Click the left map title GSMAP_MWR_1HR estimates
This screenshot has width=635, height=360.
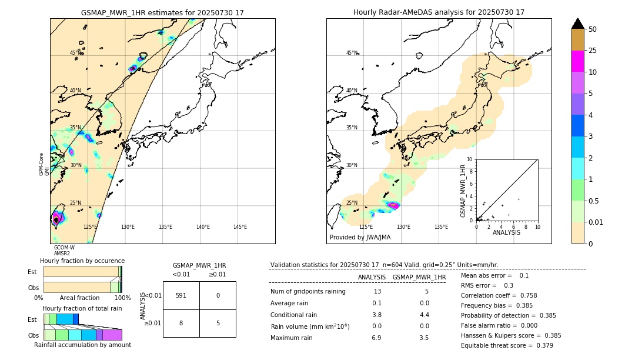[x=162, y=12]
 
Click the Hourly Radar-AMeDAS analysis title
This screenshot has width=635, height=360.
[x=439, y=12]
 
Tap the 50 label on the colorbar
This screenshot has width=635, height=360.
[x=593, y=29]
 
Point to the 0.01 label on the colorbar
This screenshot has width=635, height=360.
[x=596, y=222]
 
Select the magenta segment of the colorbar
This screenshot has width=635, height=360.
[x=577, y=61]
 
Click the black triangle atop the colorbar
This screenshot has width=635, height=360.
[x=577, y=24]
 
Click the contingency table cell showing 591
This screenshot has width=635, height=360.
[x=181, y=295]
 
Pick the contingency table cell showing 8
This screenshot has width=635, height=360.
[x=181, y=323]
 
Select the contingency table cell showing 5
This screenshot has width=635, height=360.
[x=218, y=323]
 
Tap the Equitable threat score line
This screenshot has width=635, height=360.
[x=507, y=345]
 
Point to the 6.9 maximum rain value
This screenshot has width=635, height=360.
[x=377, y=338]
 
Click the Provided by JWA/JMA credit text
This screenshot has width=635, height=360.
[x=360, y=238]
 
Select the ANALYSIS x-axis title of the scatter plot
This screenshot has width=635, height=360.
[x=506, y=232]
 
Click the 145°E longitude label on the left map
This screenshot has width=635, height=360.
[x=240, y=227]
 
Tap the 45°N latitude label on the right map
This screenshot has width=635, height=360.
[x=352, y=53]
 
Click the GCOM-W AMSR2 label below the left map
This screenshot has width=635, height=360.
[x=64, y=251]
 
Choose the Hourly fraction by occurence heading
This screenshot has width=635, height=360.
[x=82, y=261]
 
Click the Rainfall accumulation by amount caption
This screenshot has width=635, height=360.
[x=82, y=345]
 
